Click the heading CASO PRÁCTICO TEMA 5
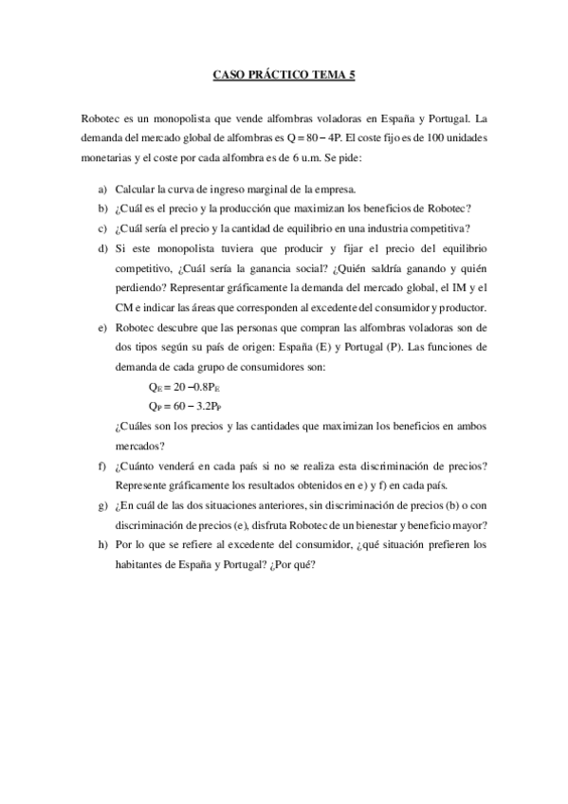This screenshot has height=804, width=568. click(284, 75)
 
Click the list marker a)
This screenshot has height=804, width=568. click(101, 189)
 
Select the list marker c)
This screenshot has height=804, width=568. click(101, 228)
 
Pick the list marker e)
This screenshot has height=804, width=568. click(101, 327)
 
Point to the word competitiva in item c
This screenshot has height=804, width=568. click(441, 228)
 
